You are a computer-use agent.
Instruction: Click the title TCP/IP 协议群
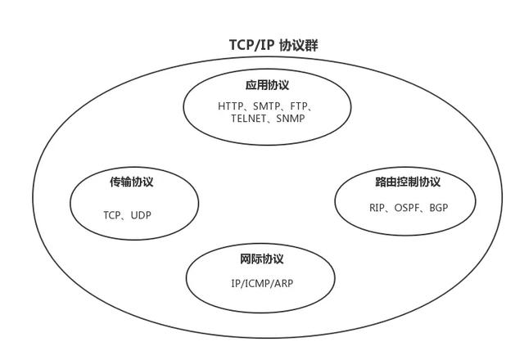pos(273,45)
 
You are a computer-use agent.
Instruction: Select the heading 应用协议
pos(267,85)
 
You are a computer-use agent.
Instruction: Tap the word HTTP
pos(232,106)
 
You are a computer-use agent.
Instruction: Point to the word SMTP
pos(268,106)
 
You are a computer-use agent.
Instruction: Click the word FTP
pos(299,106)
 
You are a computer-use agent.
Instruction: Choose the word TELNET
pos(248,119)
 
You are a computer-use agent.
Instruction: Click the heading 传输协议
pos(132,182)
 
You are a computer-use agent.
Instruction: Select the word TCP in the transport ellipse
pos(112,215)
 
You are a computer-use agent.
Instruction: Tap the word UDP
pos(141,215)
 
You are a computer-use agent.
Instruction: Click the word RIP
pos(377,208)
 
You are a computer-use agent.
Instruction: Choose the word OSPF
pos(408,208)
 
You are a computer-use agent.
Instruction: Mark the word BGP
pos(439,208)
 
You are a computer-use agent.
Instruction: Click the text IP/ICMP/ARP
pos(262,283)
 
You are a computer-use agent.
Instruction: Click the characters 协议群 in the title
pos(299,45)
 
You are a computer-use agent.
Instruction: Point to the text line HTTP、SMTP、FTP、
pos(267,106)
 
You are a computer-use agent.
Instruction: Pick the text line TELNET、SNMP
pos(268,119)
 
